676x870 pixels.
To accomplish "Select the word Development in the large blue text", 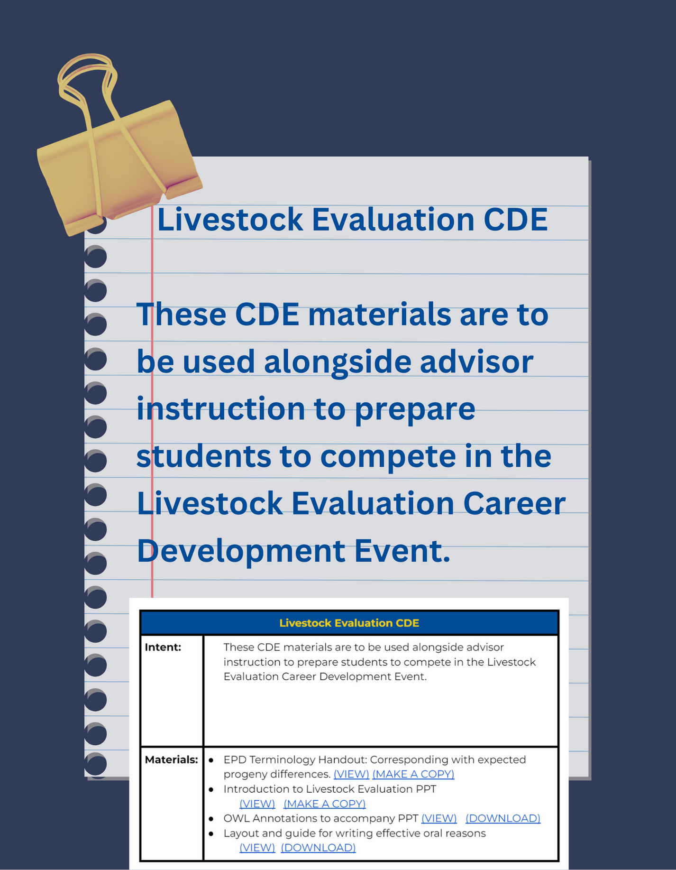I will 241,551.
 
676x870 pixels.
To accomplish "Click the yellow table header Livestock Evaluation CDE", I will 349,623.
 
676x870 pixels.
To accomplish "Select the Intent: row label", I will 163,647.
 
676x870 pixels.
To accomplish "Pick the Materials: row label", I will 171,759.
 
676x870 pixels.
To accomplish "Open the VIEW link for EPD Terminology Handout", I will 351,774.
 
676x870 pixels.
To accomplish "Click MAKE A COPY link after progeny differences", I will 413,774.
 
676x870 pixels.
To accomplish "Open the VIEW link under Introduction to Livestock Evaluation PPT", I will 257,804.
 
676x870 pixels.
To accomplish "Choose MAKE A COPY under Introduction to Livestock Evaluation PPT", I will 324,804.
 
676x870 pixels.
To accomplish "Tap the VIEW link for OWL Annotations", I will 439,818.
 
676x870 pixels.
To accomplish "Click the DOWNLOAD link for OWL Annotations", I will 502,818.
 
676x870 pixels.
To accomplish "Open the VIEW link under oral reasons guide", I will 257,848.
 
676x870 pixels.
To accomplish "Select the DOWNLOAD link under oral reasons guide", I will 318,848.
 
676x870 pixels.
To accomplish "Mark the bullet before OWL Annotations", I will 211,819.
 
